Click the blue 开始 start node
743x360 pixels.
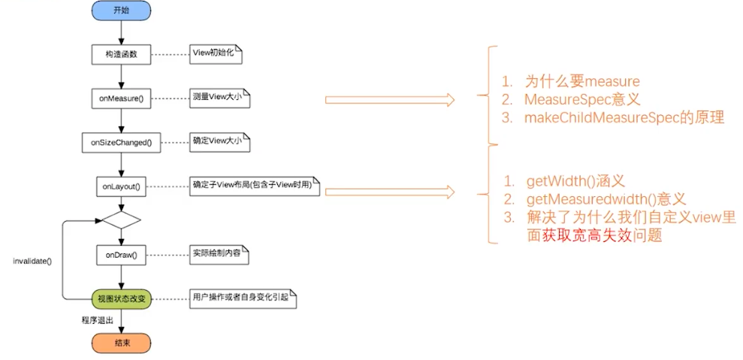(x=121, y=11)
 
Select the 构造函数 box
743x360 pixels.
(x=121, y=54)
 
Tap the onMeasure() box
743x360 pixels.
(x=121, y=98)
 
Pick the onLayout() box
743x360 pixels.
(x=121, y=185)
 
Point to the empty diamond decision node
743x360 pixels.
(x=121, y=220)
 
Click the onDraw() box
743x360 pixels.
(x=121, y=255)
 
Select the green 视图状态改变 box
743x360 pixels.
(x=121, y=298)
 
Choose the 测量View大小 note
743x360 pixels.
(x=219, y=98)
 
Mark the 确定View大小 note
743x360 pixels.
(x=219, y=141)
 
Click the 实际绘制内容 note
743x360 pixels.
(x=219, y=254)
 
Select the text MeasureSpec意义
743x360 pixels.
(x=580, y=99)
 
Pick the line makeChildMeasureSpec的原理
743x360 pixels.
(x=624, y=118)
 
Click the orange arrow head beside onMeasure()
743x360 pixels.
(x=449, y=100)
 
